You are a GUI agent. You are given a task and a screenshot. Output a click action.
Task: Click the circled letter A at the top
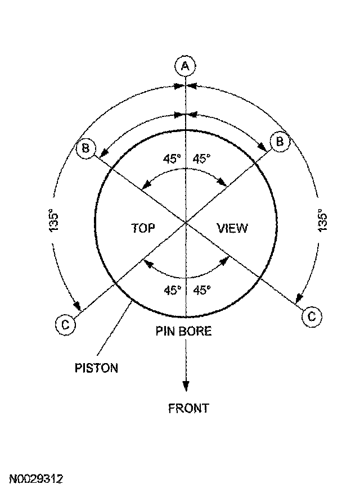coord(185,66)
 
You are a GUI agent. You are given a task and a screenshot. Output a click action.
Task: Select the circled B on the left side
coord(86,148)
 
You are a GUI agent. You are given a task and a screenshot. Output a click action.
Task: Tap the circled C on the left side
coord(65,324)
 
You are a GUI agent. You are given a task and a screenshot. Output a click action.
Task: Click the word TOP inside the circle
coord(143,228)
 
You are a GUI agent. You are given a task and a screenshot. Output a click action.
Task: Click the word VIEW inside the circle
coord(232,228)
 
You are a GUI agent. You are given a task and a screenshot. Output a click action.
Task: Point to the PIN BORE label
coord(184,331)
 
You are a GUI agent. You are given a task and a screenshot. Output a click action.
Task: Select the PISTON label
coord(97,369)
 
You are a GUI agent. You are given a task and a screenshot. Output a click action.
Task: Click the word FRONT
coord(188,409)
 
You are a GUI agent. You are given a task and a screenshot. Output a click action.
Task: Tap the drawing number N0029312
coord(35,479)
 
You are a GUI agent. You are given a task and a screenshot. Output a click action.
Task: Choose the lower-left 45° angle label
coord(172,291)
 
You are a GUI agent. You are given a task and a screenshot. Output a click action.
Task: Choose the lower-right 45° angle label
coord(202,291)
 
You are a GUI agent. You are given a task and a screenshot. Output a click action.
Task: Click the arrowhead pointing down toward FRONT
coord(186,387)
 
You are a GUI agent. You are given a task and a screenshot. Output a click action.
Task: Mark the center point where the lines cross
coord(186,223)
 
